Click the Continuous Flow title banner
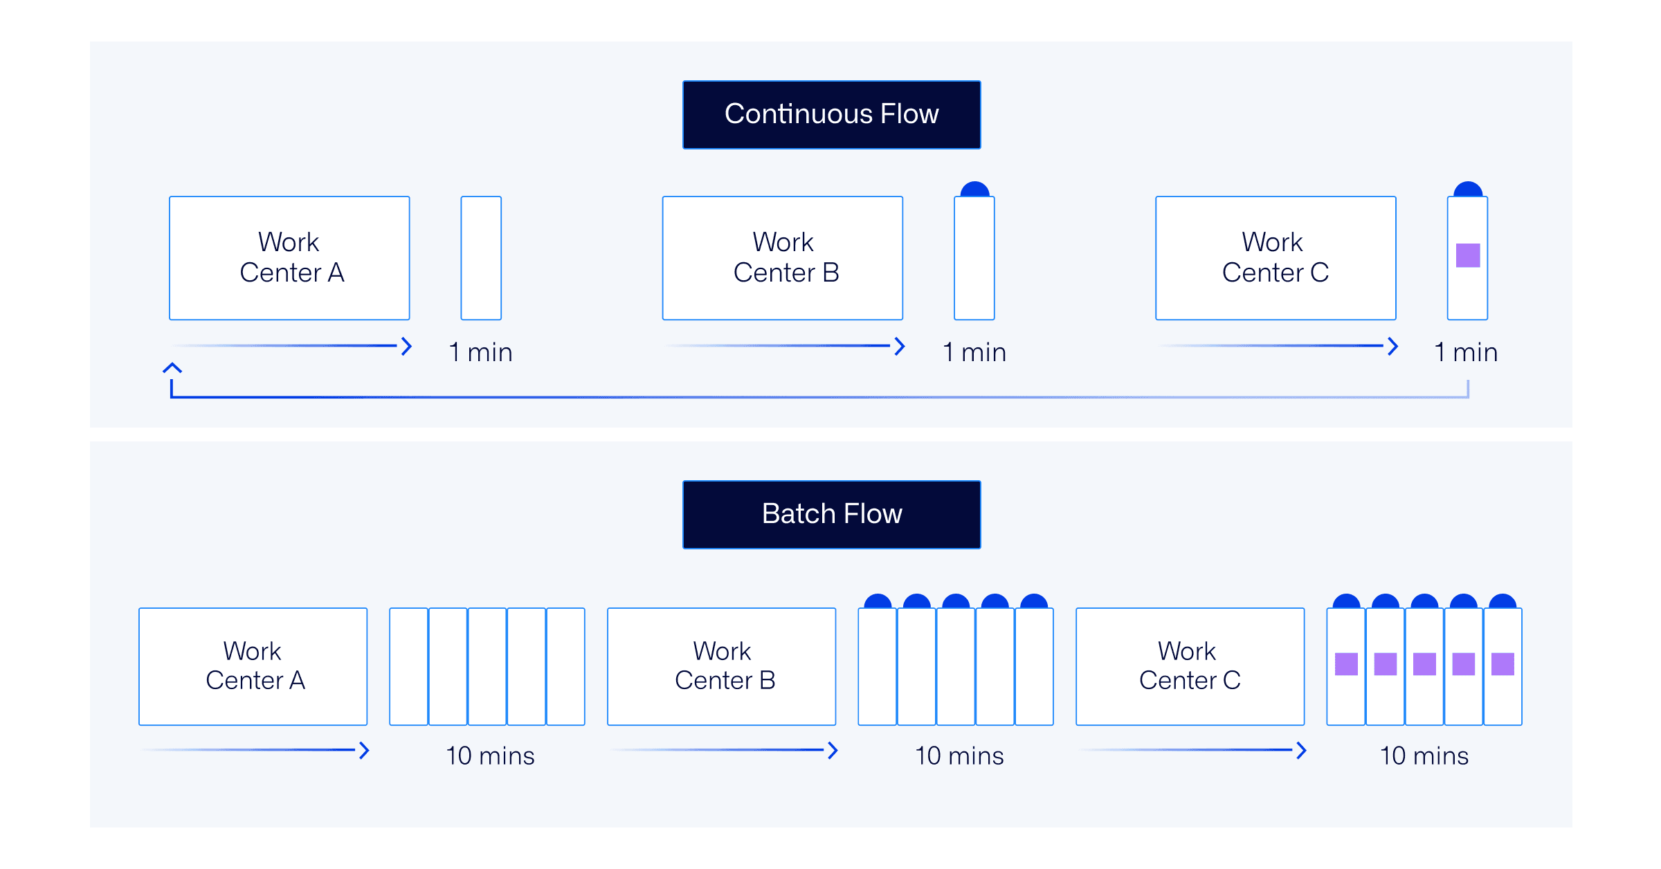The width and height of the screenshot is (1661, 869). (831, 115)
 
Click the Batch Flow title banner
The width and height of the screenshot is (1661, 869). (831, 514)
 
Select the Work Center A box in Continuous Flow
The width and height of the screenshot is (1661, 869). (289, 258)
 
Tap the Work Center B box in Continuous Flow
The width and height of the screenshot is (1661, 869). (782, 258)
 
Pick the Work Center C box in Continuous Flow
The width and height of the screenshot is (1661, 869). (1275, 258)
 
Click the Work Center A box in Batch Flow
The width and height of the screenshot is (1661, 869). (253, 666)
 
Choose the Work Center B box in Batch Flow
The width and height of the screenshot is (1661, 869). (721, 666)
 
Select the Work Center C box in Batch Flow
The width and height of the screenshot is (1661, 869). (1190, 666)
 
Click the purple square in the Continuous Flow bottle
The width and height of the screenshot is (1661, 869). (1467, 255)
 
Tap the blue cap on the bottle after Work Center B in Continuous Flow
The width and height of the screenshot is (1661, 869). (974, 190)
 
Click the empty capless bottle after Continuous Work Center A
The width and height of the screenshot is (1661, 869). (481, 258)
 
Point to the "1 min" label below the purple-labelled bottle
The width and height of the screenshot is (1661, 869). (1466, 352)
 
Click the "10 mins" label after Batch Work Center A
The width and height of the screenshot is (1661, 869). (490, 756)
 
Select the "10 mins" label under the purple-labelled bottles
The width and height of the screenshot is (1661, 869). (1424, 756)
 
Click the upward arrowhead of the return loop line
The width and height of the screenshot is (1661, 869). (172, 368)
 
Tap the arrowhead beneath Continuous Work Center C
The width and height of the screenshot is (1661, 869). (1392, 346)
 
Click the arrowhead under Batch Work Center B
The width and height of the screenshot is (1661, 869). (833, 750)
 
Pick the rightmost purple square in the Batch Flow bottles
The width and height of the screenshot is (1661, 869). (1503, 664)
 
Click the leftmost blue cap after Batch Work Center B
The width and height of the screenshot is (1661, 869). (878, 601)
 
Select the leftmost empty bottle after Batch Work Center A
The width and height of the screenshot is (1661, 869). (408, 666)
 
